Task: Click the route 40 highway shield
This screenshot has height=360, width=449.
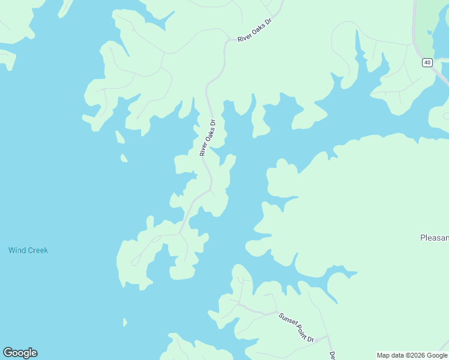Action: (x=427, y=62)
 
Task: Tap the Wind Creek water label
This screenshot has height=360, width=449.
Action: (x=28, y=250)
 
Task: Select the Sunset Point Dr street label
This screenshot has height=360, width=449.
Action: (x=297, y=327)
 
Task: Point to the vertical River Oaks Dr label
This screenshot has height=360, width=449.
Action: (x=207, y=138)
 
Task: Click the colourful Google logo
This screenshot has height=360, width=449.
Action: (x=20, y=353)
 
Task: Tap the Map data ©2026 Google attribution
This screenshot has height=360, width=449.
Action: (x=412, y=355)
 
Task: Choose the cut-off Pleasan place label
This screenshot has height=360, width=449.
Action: (x=434, y=238)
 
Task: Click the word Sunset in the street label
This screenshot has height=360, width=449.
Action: (x=287, y=320)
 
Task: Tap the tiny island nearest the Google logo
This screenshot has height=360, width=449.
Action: (x=125, y=323)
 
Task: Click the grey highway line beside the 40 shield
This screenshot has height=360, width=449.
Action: (x=414, y=36)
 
